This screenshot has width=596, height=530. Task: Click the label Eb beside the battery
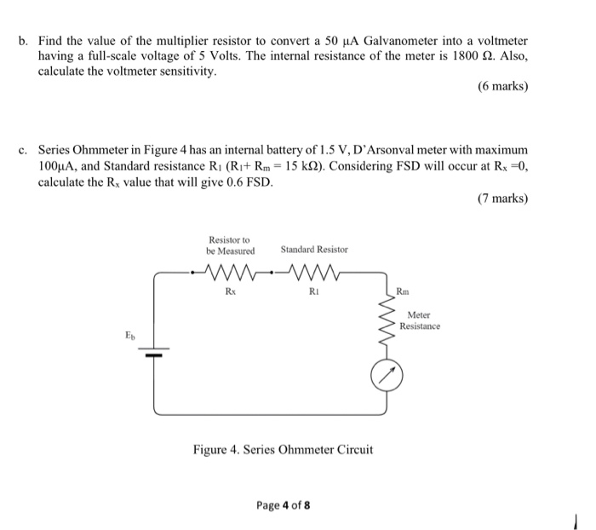tap(129, 337)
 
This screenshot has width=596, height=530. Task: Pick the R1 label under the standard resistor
tap(314, 291)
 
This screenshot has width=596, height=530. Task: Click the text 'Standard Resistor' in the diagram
tap(314, 250)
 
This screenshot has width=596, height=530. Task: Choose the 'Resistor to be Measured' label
tap(230, 245)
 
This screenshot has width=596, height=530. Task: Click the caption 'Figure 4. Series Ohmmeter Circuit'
tap(283, 450)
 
